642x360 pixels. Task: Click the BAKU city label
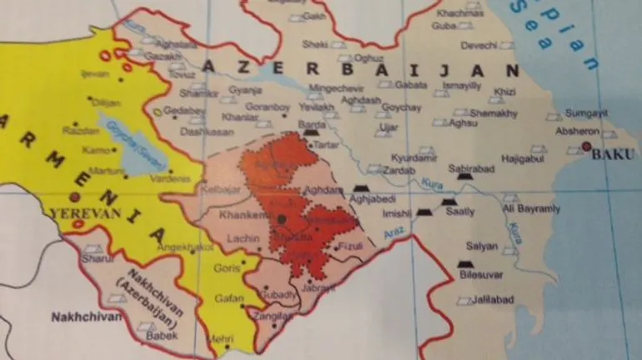click(x=608, y=153)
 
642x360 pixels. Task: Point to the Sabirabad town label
click(x=471, y=167)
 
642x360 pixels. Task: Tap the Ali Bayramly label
click(x=532, y=208)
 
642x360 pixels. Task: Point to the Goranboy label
click(x=267, y=108)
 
